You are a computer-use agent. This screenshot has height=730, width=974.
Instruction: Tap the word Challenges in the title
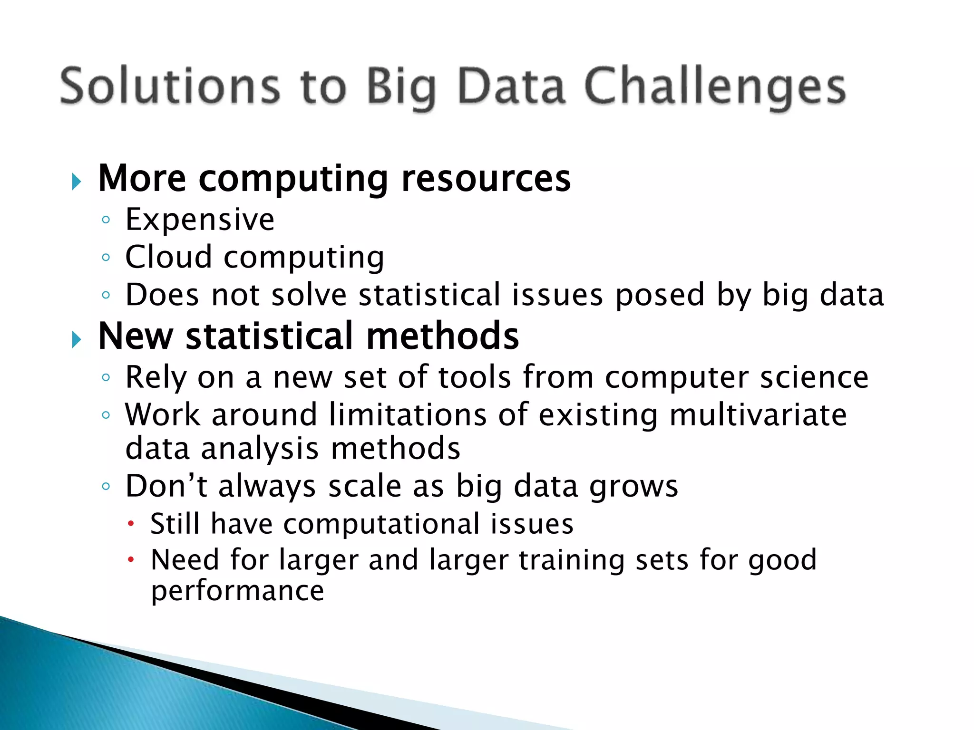coord(714,86)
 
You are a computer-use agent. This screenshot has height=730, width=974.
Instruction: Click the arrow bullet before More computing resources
coord(76,182)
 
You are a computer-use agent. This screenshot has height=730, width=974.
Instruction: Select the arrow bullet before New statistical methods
coord(76,339)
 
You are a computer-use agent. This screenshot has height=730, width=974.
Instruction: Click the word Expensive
coord(200,220)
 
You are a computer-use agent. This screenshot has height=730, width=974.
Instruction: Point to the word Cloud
coord(168,257)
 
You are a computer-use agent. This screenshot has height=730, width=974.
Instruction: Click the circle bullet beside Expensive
coord(106,220)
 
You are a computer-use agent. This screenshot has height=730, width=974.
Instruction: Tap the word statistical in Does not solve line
coord(429,295)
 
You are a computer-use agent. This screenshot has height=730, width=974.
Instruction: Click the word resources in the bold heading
coord(486,179)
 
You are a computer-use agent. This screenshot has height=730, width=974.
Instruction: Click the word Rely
coord(156,378)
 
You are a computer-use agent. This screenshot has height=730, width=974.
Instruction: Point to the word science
coord(814,378)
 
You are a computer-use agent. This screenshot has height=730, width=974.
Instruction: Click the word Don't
coord(166,486)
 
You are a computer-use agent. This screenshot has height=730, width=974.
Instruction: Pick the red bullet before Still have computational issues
coord(131,524)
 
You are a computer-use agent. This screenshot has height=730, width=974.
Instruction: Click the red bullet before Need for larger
coord(131,560)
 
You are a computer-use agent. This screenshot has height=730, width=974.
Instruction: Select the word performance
coord(237,592)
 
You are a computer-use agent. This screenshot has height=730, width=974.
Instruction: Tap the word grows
coord(633,487)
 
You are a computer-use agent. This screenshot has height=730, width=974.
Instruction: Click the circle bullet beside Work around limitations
coord(106,415)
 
